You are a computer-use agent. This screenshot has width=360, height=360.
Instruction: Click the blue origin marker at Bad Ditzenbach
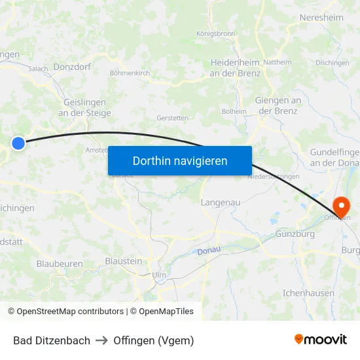point(18,143)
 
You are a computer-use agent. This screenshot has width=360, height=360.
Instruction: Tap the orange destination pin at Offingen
point(341,207)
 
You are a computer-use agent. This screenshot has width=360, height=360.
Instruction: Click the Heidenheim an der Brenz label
point(235,67)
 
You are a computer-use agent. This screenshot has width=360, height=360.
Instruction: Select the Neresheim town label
point(321,18)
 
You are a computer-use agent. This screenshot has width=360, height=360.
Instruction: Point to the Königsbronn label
point(215,33)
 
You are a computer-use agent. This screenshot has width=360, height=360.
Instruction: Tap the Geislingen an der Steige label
point(84,107)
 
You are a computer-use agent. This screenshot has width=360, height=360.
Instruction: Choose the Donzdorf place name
point(72,67)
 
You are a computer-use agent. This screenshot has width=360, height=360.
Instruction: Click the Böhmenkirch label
point(130,73)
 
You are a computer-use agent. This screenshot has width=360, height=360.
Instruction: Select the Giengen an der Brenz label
point(278,105)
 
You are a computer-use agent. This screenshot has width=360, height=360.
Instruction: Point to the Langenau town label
point(221,202)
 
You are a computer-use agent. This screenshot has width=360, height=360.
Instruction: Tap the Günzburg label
point(295,234)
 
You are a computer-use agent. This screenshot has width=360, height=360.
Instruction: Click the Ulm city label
point(159,275)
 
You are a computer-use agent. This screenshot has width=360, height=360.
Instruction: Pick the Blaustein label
point(123,261)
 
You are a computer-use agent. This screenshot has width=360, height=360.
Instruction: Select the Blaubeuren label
point(60,263)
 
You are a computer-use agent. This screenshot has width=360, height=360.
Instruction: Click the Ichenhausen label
point(308,293)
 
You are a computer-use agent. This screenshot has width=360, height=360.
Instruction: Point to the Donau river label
point(209,251)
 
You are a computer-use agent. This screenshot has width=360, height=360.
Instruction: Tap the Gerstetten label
point(173,118)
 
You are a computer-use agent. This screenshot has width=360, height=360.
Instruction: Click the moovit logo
point(321,340)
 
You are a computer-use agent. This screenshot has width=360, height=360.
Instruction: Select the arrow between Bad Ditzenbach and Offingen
point(101,340)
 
